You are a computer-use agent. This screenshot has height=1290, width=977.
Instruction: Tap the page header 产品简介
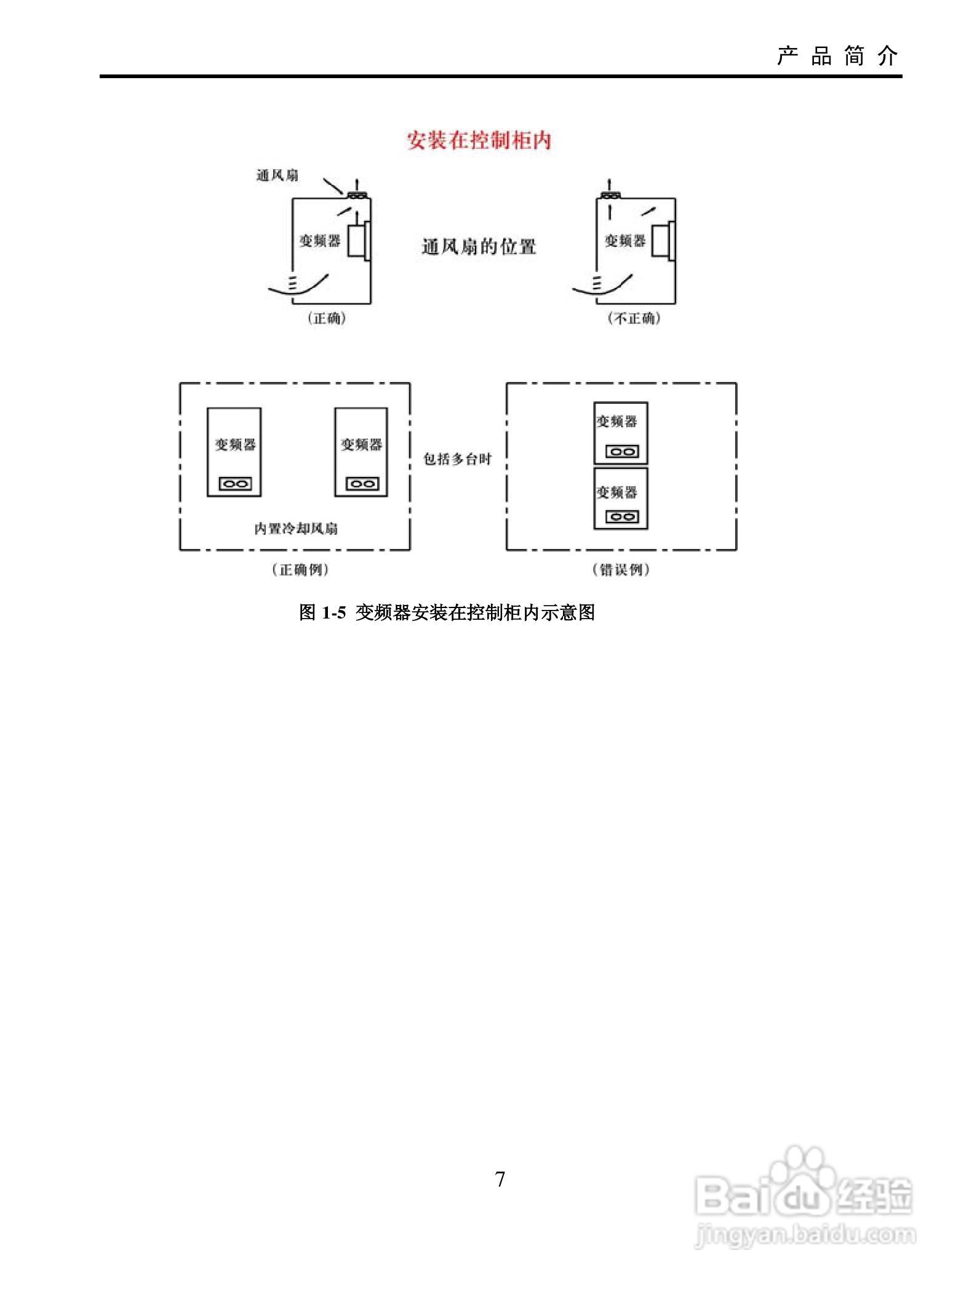click(x=837, y=57)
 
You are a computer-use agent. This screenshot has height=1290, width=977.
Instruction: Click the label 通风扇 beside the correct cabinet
click(x=277, y=176)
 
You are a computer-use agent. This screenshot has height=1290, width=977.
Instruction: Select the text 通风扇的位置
click(x=479, y=247)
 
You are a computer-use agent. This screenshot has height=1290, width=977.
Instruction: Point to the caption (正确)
click(x=327, y=319)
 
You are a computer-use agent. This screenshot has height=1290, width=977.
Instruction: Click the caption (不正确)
click(x=634, y=319)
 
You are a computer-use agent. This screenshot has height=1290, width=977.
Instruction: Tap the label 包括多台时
click(x=458, y=459)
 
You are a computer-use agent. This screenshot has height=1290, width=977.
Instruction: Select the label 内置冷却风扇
click(x=296, y=529)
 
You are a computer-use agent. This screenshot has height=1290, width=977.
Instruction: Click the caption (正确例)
click(x=300, y=570)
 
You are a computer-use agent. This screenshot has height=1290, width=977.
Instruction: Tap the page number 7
click(x=500, y=1179)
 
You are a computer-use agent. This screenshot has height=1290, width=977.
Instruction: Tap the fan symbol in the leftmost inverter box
click(x=235, y=484)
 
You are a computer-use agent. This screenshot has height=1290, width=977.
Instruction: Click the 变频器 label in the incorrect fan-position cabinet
click(x=624, y=241)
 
